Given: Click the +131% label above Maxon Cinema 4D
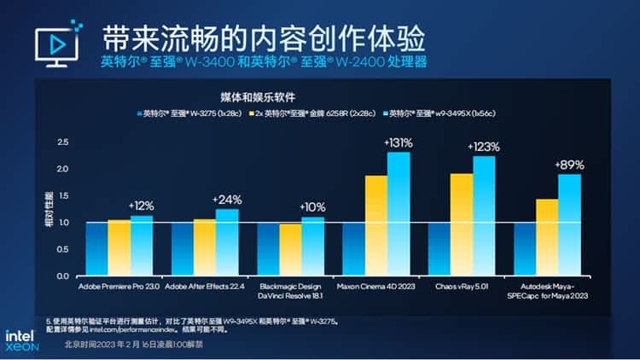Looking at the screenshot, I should [398, 142].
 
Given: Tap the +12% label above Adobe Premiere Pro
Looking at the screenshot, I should [142, 206].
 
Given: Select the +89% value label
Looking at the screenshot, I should [569, 165].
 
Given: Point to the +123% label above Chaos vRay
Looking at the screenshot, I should [484, 147].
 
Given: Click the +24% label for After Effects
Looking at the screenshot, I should [228, 200].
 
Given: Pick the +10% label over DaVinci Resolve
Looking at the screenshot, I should [313, 207].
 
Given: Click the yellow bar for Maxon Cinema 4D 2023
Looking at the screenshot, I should [375, 225].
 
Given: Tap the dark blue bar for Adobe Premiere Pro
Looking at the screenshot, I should [96, 249].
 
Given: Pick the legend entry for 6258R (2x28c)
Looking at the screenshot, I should [306, 113].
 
